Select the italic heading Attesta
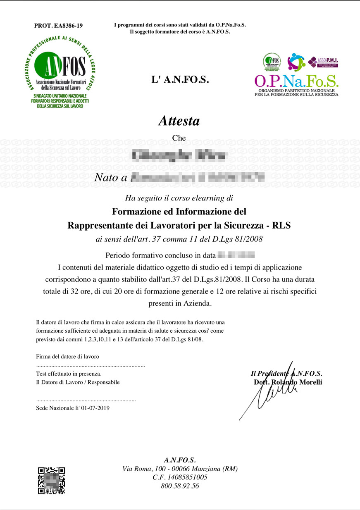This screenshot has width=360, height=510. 179,121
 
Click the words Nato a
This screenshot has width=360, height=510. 111,178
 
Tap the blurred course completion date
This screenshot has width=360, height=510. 236,254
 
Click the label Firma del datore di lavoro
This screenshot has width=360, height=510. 68,356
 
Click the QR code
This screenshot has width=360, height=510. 51,481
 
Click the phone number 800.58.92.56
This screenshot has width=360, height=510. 180,486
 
